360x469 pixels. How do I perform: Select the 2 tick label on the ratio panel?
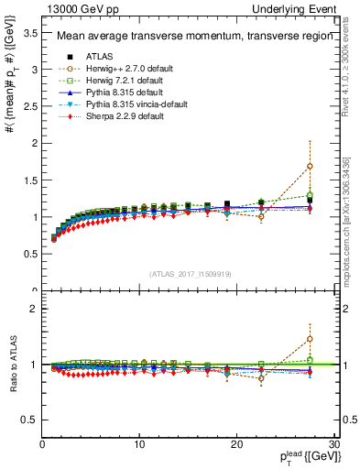click(34, 309)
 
